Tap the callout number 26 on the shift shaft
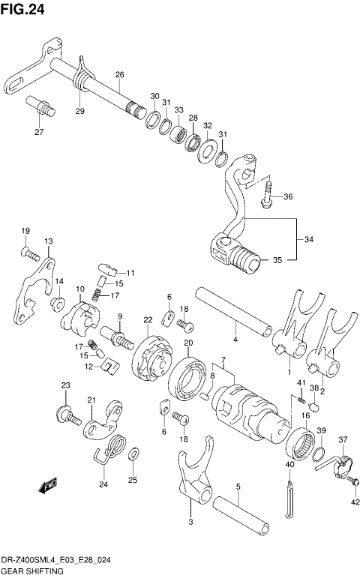coord(118,74)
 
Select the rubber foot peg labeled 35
coord(244,260)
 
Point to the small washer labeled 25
coord(133,454)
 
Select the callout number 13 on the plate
coord(48,241)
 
